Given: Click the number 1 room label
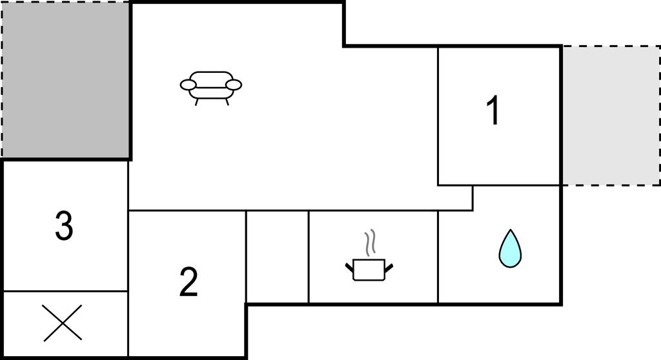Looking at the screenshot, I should (493, 111).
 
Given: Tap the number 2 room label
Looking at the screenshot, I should (188, 282).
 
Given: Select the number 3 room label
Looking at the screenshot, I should (63, 226).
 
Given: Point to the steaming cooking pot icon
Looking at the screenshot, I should (369, 268).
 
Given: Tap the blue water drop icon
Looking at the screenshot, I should (509, 249).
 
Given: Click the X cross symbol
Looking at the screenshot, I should (63, 323).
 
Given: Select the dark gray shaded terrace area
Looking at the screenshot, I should (65, 79).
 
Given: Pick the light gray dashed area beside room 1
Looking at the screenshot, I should (610, 115).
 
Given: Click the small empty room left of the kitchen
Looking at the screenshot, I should (278, 256).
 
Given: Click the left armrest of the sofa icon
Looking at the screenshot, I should (188, 85).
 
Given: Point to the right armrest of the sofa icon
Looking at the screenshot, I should (234, 85).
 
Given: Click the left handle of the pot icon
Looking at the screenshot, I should (349, 265).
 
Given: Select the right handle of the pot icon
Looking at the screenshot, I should (389, 265).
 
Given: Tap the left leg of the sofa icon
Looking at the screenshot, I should (196, 101).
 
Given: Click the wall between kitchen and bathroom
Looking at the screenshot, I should (438, 256).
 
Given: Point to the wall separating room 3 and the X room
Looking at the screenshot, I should (65, 291).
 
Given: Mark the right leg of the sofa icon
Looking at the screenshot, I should (227, 101).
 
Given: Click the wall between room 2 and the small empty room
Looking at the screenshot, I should (246, 256).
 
